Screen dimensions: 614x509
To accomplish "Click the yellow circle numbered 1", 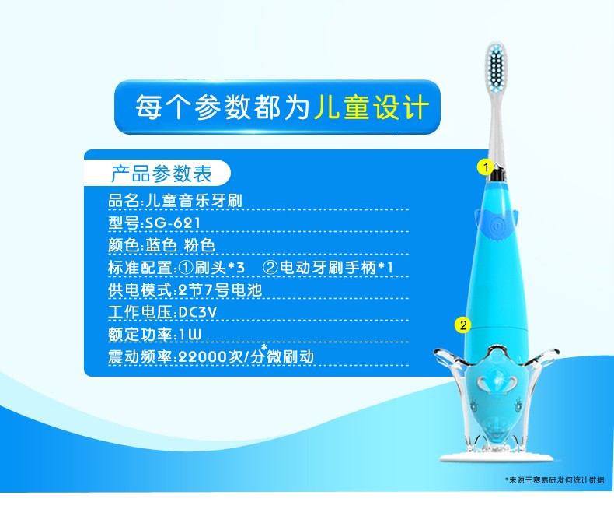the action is pyautogui.click(x=486, y=167).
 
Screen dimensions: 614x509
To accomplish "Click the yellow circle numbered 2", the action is pyautogui.click(x=463, y=325).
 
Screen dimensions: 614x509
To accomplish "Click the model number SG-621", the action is pyautogui.click(x=173, y=223).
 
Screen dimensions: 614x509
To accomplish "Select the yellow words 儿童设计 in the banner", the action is pyautogui.click(x=372, y=107).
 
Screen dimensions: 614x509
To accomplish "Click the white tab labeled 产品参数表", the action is pyautogui.click(x=161, y=174).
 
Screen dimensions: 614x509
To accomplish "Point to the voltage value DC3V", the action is pyautogui.click(x=197, y=312).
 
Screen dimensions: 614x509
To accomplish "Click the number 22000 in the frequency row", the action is pyautogui.click(x=203, y=357).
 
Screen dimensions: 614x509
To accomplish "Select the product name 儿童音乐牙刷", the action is pyautogui.click(x=194, y=201).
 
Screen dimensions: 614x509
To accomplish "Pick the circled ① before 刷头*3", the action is pyautogui.click(x=186, y=268).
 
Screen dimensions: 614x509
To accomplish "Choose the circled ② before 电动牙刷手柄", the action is pyautogui.click(x=270, y=268).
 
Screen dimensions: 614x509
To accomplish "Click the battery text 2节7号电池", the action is pyautogui.click(x=220, y=290).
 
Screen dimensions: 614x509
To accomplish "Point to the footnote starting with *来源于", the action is pyautogui.click(x=554, y=479).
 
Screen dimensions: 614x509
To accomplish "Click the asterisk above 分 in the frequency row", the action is pyautogui.click(x=264, y=346).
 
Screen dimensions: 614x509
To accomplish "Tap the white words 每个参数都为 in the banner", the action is pyautogui.click(x=222, y=107).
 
